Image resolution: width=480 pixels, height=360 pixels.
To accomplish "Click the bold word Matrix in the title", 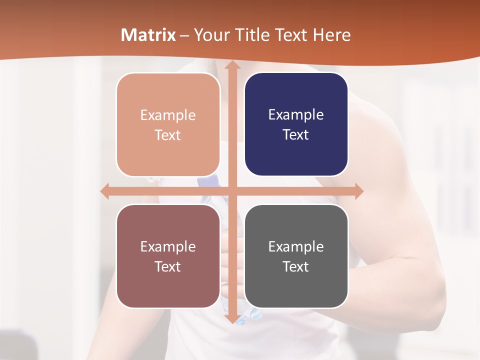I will point(148,35).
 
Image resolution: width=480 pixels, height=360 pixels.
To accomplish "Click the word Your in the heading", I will point(211,35).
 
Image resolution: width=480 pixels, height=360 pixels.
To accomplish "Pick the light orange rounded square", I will point(168,124).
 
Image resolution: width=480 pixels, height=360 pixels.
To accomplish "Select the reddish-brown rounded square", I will point(168,256).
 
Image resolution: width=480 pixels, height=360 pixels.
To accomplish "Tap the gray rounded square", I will point(296,256).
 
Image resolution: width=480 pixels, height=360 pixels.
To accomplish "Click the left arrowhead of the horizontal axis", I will point(104,191).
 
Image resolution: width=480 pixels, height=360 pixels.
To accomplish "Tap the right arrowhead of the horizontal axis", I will point(359,191).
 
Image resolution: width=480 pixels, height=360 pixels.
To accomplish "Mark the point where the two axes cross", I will point(231,191).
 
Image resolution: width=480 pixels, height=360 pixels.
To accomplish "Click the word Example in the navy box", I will point(296,114).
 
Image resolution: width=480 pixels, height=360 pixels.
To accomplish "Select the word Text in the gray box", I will point(296,266).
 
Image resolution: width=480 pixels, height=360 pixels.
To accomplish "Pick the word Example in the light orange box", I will point(168,115).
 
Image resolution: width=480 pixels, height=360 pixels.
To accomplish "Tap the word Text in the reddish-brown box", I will point(168,266).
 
